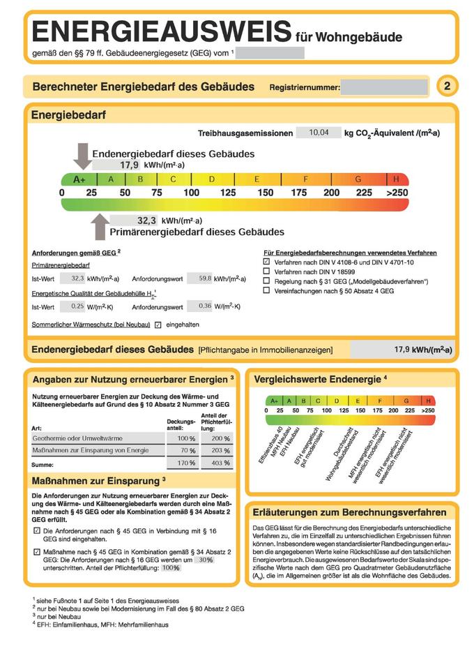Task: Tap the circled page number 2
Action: (447, 87)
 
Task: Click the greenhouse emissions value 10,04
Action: (319, 132)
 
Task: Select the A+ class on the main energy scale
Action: (79, 179)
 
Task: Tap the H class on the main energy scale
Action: (397, 179)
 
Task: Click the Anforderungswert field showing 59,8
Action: (200, 278)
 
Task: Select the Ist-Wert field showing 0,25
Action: (72, 306)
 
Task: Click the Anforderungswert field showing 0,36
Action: (200, 306)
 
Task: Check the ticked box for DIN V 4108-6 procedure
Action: (266, 261)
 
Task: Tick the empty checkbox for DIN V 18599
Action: (266, 271)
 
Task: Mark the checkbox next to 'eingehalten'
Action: (158, 325)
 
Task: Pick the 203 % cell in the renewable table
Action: (217, 450)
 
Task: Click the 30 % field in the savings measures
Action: (203, 560)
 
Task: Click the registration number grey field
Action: (385, 87)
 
